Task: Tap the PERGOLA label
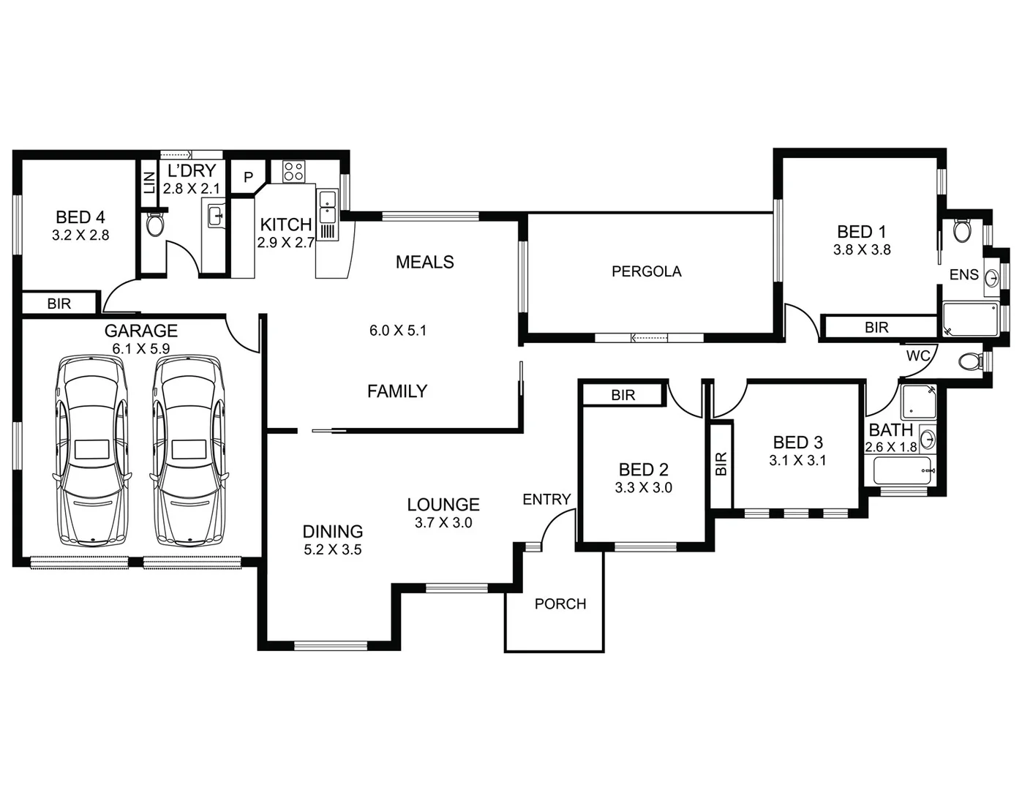646,271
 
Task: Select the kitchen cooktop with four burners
293,171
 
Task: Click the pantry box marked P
248,177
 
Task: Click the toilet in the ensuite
962,231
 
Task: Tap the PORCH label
560,604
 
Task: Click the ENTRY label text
546,499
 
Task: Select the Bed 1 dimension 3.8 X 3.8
862,249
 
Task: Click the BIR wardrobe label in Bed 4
59,304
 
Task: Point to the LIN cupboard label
149,181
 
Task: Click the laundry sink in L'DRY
215,217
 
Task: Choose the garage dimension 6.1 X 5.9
141,349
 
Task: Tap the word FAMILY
397,391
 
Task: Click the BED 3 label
797,443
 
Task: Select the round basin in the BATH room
927,440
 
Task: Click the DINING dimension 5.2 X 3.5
333,550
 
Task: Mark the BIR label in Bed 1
876,328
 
